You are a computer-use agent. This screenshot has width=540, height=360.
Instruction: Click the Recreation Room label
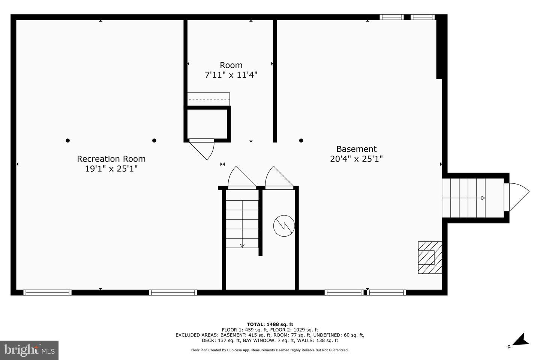[x=111, y=159]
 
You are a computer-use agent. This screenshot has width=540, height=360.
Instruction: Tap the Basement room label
[x=356, y=149]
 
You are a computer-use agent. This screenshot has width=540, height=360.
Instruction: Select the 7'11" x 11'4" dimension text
[x=231, y=75]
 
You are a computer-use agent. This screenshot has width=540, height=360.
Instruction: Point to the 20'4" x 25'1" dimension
[x=356, y=159]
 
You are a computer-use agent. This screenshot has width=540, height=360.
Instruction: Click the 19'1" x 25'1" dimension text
[x=111, y=169]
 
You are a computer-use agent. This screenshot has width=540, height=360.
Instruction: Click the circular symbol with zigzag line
[x=284, y=226]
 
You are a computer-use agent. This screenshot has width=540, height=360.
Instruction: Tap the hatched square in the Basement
[x=430, y=258]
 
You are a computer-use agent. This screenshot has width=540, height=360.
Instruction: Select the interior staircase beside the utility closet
[x=242, y=224]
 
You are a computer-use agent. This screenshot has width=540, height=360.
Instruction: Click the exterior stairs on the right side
[x=463, y=198]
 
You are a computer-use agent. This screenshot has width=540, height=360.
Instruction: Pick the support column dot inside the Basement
[x=301, y=141]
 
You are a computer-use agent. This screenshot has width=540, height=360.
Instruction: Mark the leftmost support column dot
[x=68, y=141]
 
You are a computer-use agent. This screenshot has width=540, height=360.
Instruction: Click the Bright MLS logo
[x=29, y=350]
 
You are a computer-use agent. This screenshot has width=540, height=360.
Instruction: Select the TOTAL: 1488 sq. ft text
[x=270, y=324]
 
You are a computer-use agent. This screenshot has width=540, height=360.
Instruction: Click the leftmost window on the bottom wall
[x=48, y=292]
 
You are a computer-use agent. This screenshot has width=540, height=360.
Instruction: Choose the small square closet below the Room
[x=207, y=124]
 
